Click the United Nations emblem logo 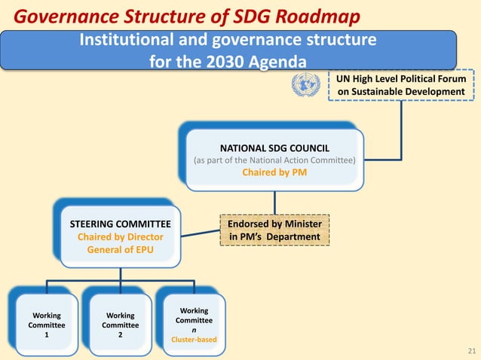pos(306,84)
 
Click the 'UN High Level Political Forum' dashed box pos(401,84)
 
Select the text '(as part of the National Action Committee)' pos(274,159)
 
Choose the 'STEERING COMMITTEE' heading pos(121,224)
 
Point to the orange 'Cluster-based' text pos(195,340)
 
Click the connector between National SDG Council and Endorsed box pos(274,202)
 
